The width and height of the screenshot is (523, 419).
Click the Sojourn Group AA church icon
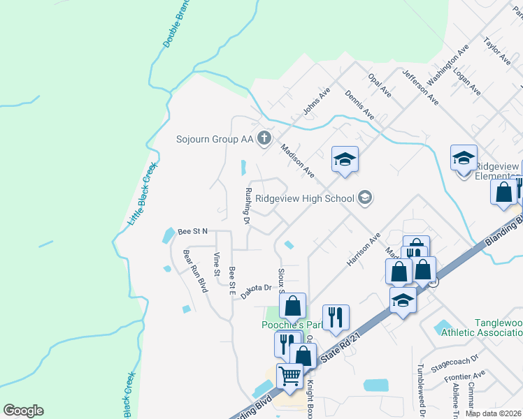coord(264,138)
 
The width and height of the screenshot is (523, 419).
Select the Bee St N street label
coord(193,230)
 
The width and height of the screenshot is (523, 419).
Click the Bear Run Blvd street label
coord(196,271)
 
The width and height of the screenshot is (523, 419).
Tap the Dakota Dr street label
coord(255,291)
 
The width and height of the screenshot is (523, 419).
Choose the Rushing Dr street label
coord(247,206)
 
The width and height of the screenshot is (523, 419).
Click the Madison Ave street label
coord(297,160)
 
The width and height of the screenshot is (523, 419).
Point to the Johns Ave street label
coord(316,101)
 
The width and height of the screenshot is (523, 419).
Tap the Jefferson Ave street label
coord(420,87)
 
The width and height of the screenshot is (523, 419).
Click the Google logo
coord(23,411)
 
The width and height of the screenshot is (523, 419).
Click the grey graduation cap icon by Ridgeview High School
coord(364,198)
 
